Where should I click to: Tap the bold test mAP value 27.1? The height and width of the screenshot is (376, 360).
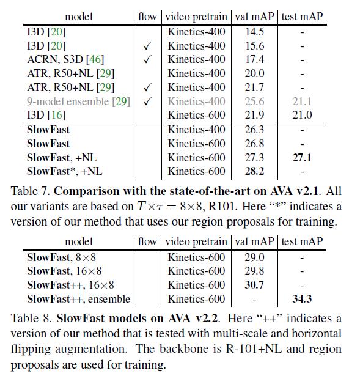click(x=301, y=158)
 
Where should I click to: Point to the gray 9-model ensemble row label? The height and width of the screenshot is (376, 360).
click(x=78, y=101)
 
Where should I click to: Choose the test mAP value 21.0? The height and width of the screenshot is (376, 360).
click(x=301, y=115)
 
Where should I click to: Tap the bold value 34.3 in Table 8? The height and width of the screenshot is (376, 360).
click(x=301, y=299)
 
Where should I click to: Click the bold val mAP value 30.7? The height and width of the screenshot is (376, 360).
click(x=254, y=285)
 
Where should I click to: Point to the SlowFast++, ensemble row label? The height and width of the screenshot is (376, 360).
click(x=78, y=299)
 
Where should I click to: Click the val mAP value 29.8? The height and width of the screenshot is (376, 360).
click(x=254, y=271)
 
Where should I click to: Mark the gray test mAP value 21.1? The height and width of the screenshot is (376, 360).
click(x=301, y=101)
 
